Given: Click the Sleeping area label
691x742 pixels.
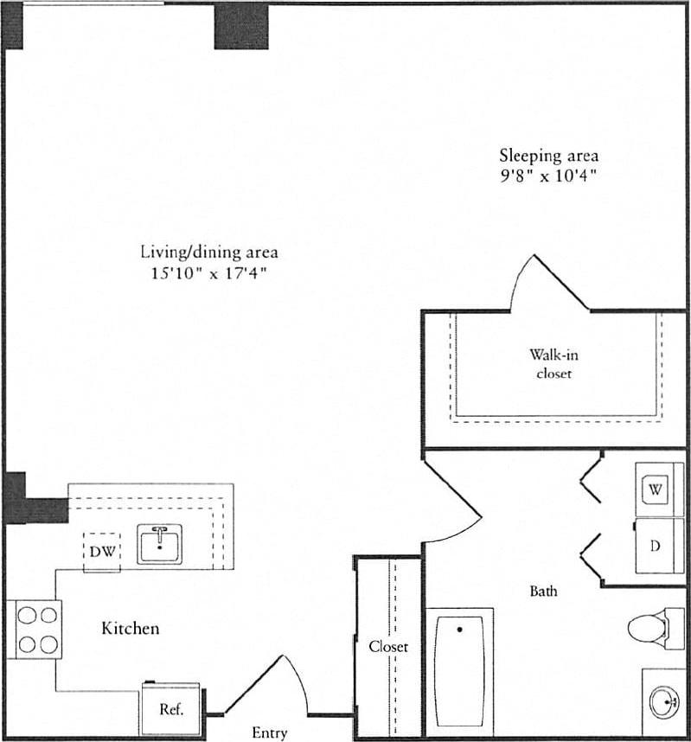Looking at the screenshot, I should [548, 156].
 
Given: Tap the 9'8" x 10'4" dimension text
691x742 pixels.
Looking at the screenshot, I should [548, 176].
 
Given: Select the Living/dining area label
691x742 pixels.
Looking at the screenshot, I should [209, 253].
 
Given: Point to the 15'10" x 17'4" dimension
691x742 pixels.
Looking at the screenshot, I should [209, 273].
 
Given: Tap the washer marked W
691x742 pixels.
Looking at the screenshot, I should [656, 489].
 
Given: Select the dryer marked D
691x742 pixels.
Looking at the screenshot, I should [656, 546].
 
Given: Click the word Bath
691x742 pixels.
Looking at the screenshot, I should [543, 592].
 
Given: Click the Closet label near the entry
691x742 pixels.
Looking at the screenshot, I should [388, 646].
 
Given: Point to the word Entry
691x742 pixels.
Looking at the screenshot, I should [269, 732].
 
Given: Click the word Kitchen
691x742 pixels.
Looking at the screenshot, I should [131, 628].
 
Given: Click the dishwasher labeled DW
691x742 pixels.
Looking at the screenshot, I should [101, 551].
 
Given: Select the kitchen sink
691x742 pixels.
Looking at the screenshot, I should [158, 545].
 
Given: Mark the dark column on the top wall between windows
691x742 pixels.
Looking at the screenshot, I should [241, 26].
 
